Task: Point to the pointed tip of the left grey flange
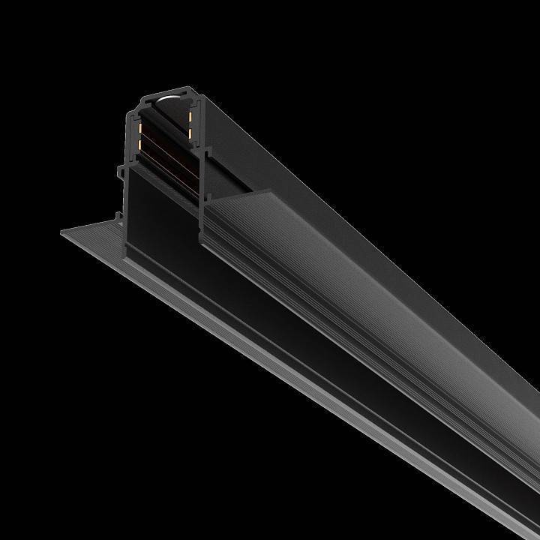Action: coord(62,232)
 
